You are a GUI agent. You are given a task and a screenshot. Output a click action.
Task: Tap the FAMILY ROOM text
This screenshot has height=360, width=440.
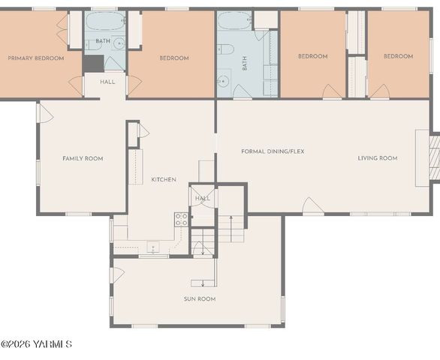click(83, 158)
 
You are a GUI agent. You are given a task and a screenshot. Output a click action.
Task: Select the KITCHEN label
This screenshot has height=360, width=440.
click(164, 179)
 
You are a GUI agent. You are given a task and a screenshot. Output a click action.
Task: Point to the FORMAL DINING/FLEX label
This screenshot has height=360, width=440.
click(273, 151)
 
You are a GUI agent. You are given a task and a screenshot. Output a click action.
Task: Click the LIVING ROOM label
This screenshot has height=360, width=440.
click(377, 158)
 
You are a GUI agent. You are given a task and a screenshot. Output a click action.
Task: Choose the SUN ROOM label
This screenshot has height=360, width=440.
click(200, 298)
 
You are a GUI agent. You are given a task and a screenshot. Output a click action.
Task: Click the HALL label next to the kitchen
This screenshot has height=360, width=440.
click(203, 198)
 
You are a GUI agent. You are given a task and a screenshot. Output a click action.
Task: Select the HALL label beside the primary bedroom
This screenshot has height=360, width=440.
click(107, 82)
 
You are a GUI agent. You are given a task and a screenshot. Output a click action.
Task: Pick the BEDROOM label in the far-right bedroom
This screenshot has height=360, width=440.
click(398, 56)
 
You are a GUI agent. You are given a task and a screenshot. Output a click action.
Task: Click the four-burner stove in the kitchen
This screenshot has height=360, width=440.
click(181, 219)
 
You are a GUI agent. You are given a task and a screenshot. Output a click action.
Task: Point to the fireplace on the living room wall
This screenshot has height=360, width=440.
click(433, 157)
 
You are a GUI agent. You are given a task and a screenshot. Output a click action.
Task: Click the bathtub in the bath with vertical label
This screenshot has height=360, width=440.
click(234, 22)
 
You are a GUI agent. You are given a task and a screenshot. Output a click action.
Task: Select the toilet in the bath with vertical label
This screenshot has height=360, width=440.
click(225, 49)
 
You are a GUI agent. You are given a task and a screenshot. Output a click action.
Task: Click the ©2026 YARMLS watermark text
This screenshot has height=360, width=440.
click(36, 344)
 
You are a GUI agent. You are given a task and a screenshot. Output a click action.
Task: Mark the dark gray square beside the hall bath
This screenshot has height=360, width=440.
click(93, 63)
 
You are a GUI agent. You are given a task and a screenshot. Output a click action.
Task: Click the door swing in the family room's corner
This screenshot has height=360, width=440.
click(45, 113)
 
